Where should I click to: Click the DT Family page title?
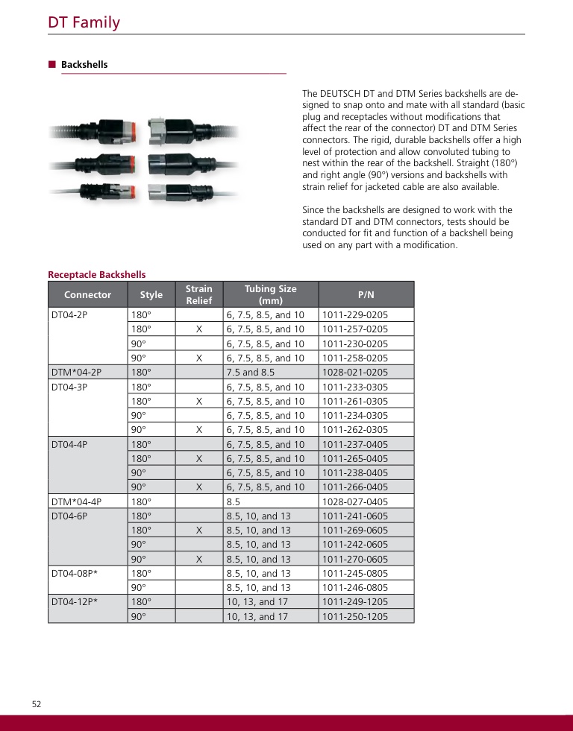(x=84, y=22)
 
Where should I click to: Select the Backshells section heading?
(x=84, y=65)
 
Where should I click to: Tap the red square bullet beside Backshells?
(x=52, y=64)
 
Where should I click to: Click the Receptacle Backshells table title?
(x=97, y=275)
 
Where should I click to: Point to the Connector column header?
(x=87, y=294)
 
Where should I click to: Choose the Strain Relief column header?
(x=199, y=294)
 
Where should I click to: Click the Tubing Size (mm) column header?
(x=271, y=294)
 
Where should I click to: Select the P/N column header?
(x=366, y=294)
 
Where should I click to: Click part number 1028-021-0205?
(x=355, y=372)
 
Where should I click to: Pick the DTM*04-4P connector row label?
(x=76, y=501)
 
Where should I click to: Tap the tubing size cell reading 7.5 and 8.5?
(x=251, y=372)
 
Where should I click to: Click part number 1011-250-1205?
(x=355, y=616)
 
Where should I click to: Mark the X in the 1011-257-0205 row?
(x=199, y=329)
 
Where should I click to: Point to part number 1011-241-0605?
(x=355, y=516)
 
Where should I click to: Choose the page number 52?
(x=37, y=704)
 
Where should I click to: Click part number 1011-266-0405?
(x=355, y=487)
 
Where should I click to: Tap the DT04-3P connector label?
(x=69, y=387)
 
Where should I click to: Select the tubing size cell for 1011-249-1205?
(x=257, y=601)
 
